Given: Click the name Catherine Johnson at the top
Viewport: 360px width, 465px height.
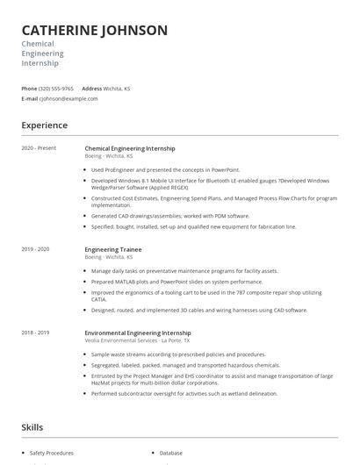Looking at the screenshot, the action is [94, 30].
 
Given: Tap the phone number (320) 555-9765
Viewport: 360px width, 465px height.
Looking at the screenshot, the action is [56, 89].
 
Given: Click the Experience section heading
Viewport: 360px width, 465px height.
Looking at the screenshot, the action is [44, 125].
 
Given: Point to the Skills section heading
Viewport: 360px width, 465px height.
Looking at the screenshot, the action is [32, 427].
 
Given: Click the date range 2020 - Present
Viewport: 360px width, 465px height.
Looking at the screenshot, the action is [39, 148].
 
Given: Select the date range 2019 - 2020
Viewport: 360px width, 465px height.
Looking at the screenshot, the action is [35, 249].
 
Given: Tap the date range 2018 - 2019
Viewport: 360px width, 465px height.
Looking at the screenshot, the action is [35, 333].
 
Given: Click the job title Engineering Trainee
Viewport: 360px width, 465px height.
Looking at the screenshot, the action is [114, 249].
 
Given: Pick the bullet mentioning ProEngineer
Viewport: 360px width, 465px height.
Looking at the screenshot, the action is [165, 169].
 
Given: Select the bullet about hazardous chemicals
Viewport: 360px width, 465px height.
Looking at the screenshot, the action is [185, 365].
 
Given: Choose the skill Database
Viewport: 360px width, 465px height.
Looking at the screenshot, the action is [170, 454].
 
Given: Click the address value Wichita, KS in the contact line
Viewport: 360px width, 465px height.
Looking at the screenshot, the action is [118, 89].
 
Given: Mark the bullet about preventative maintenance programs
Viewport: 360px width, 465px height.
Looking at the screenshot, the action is [184, 271].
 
